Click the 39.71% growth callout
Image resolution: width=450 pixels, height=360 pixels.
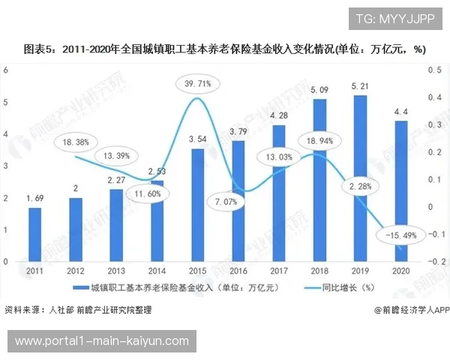pyautogui.click(x=196, y=84)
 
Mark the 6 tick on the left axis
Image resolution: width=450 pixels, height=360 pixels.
pyautogui.click(x=6, y=70)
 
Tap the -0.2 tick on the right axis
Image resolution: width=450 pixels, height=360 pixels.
pyautogui.click(x=435, y=262)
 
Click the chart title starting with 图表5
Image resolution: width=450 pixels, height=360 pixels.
pyautogui.click(x=225, y=49)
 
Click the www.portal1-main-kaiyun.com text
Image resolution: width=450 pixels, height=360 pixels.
pyautogui.click(x=102, y=341)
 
